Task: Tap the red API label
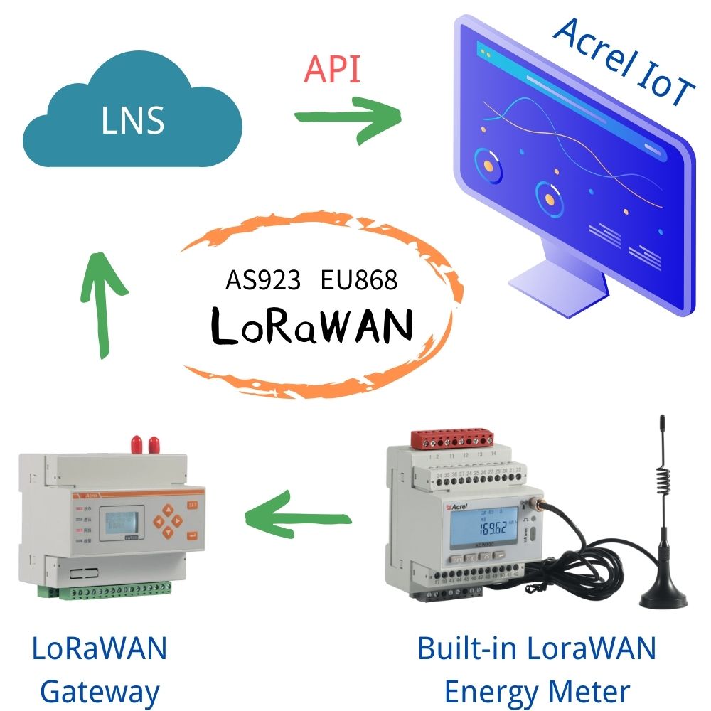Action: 331,70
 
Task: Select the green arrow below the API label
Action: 348,117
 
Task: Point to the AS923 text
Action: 264,280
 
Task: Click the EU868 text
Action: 358,280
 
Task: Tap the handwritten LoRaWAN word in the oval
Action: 313,326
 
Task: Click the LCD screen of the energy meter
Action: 482,530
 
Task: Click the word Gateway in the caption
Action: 99,690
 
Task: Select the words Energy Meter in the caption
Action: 537,690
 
